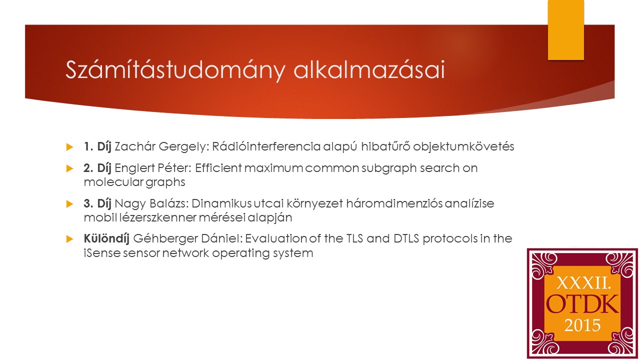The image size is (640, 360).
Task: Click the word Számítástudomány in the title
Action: (x=175, y=70)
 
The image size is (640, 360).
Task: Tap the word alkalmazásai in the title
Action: (x=369, y=69)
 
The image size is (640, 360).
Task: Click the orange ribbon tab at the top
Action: (x=565, y=30)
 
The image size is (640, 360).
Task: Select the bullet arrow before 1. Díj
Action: (x=69, y=147)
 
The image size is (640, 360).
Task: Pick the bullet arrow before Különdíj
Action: (x=69, y=239)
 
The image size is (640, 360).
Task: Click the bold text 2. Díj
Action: (x=97, y=168)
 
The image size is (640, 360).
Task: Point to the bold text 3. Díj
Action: (x=97, y=203)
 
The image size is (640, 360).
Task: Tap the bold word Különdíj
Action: (x=106, y=238)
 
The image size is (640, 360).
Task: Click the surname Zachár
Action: (x=135, y=146)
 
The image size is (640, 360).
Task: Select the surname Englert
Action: (x=134, y=168)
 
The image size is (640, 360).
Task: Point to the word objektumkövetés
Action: (x=463, y=146)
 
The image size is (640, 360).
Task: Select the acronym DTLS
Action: (x=406, y=238)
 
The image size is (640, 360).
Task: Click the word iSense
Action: (x=102, y=253)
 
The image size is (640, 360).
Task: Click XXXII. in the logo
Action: (x=583, y=283)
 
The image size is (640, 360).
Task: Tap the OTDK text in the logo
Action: (x=582, y=304)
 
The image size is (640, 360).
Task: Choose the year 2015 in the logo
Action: (x=582, y=325)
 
